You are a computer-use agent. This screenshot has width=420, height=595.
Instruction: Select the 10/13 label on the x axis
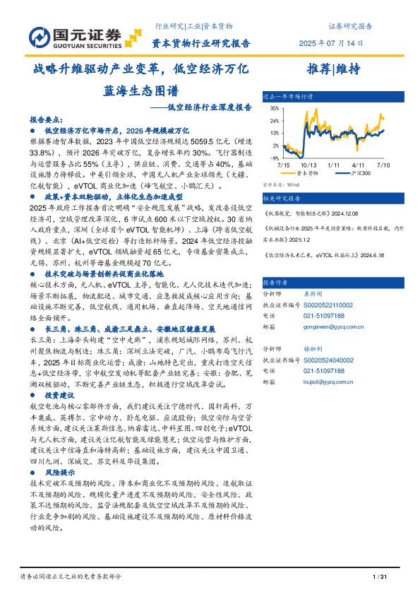pos(308,164)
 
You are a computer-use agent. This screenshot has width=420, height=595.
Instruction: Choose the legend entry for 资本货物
pos(306,172)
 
